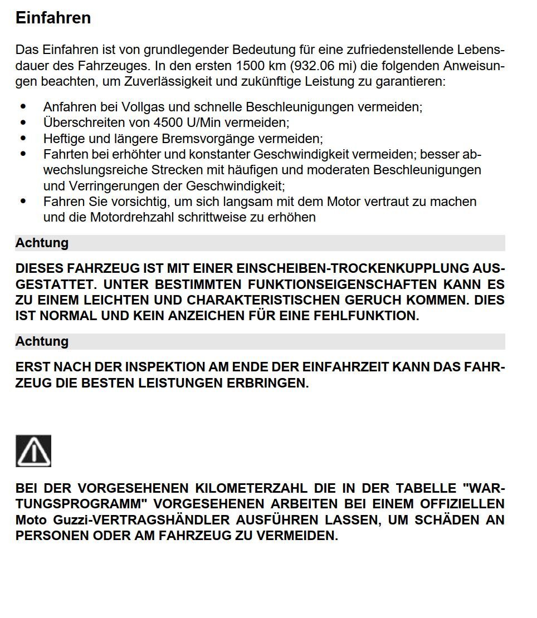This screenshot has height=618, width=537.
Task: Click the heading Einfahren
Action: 53,18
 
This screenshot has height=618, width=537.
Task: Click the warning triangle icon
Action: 33,451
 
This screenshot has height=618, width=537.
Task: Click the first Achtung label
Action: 42,243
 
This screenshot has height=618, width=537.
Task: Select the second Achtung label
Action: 42,341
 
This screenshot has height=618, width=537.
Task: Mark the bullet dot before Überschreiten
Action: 23,121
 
